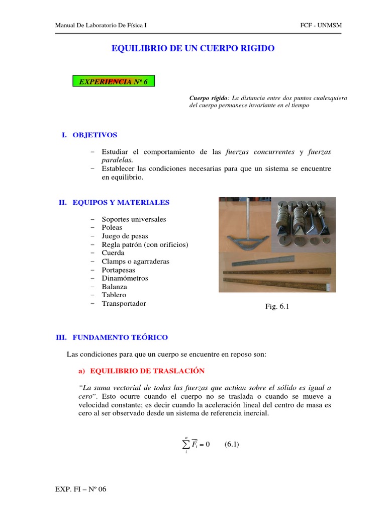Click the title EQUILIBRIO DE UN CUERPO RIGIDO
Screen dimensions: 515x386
tap(192, 48)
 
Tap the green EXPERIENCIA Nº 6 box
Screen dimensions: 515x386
tap(114, 81)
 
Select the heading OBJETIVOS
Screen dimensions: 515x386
tap(94, 135)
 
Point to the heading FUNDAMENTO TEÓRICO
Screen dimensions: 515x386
tap(120, 337)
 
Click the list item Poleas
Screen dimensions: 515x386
tap(112, 227)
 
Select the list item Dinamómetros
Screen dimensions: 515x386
tap(125, 278)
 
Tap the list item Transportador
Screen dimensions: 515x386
tap(124, 303)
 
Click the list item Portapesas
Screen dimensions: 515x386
tap(121, 270)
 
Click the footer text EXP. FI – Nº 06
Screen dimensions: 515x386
tap(80, 489)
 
